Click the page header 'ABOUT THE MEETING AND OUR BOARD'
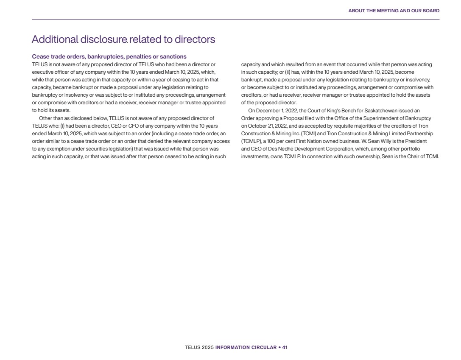pyautogui.click(x=394, y=11)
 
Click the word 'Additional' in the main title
pyautogui.click(x=55, y=39)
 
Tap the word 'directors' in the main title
pyautogui.click(x=195, y=39)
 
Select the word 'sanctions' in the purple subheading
pyautogui.click(x=173, y=56)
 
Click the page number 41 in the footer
pyautogui.click(x=285, y=347)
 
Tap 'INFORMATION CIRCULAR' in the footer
pyautogui.click(x=246, y=347)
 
